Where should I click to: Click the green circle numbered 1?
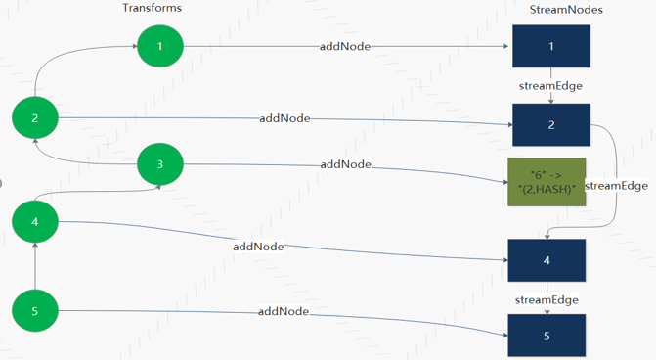160,46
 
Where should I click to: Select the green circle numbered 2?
35,118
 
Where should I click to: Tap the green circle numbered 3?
160,164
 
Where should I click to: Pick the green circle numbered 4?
35,222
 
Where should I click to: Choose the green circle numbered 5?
35,311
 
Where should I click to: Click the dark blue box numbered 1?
550,46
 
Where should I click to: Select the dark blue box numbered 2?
550,125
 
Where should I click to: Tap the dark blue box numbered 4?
547,261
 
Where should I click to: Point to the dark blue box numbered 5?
547,335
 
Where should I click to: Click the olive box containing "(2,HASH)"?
547,181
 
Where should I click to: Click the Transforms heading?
152,8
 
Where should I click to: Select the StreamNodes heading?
566,9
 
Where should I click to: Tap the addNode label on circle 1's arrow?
345,46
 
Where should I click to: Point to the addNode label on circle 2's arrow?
284,118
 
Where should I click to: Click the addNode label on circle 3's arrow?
345,164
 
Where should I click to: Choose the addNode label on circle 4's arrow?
258,247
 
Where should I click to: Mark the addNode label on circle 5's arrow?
284,311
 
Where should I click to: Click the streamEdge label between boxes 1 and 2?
550,86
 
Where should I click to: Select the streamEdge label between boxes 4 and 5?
547,299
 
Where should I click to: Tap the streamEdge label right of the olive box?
616,186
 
